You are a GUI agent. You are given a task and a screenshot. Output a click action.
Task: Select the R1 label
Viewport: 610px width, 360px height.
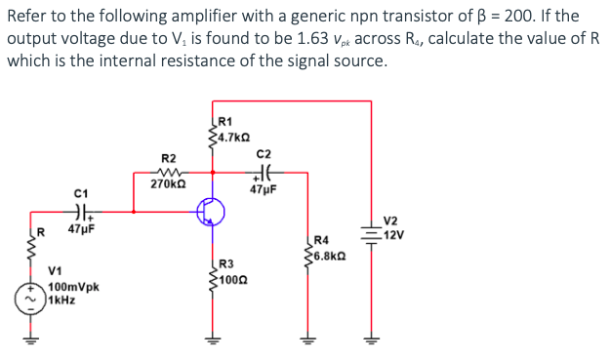(225, 121)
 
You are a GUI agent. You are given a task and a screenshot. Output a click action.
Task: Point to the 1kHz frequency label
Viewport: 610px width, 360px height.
(61, 300)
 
